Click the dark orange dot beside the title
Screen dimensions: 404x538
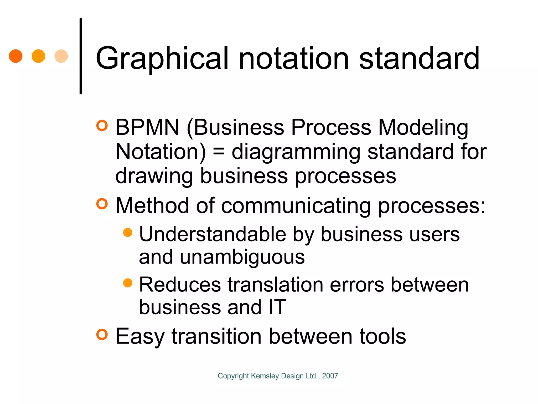point(16,56)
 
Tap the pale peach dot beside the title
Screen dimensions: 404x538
point(61,56)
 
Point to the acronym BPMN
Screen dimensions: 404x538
point(147,127)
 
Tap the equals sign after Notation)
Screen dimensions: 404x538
point(219,152)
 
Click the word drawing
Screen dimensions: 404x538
point(154,176)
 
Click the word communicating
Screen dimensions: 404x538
point(296,206)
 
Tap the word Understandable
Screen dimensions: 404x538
point(213,234)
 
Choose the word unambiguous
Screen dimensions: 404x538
point(242,257)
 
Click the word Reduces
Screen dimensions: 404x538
point(180,285)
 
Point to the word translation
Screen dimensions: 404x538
point(275,285)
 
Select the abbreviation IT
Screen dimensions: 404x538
point(277,307)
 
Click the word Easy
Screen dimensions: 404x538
point(140,337)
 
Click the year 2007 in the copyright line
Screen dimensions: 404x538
point(330,376)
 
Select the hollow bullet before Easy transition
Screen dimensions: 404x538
point(102,334)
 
